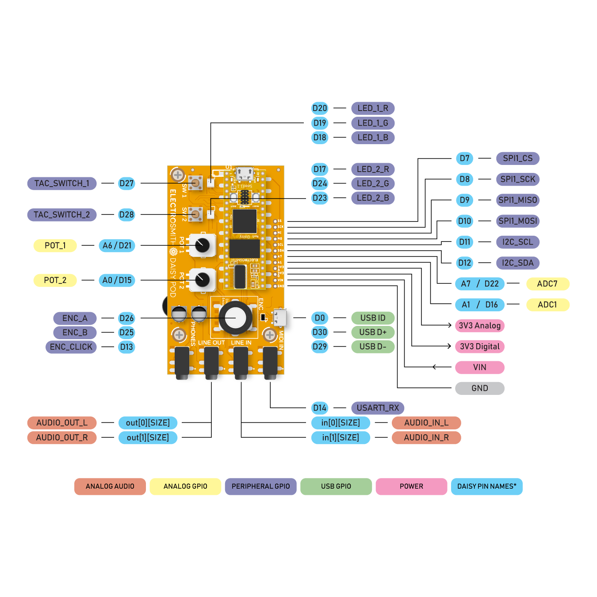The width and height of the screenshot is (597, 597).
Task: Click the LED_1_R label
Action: tap(373, 108)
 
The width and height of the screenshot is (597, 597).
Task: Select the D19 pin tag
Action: tap(319, 123)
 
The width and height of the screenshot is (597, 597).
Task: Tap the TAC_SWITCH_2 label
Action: tap(62, 215)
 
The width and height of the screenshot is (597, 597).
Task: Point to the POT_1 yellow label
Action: tap(55, 245)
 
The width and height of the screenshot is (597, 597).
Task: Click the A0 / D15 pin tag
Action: tap(117, 280)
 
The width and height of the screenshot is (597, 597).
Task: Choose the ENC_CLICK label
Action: tap(71, 347)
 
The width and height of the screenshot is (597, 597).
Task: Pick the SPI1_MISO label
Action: tap(517, 200)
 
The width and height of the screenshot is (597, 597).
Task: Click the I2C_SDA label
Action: tap(517, 263)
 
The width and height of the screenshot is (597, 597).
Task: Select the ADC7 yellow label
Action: tap(547, 284)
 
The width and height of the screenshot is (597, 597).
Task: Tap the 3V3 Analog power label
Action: tap(479, 326)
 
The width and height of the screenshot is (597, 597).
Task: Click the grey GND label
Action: tap(479, 388)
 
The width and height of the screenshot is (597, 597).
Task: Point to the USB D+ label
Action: tap(372, 332)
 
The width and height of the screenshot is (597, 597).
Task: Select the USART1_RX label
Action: tap(378, 408)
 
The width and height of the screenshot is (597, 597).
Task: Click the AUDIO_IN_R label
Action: tap(426, 438)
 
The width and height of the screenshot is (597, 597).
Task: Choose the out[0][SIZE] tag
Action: tap(148, 423)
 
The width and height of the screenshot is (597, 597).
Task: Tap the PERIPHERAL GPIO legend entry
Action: tap(260, 486)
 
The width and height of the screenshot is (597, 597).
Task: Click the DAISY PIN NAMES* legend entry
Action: tap(486, 486)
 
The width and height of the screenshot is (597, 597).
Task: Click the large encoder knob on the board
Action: tap(235, 318)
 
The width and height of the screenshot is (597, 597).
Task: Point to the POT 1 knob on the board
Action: tap(202, 245)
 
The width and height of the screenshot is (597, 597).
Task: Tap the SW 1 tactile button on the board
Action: tap(195, 182)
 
